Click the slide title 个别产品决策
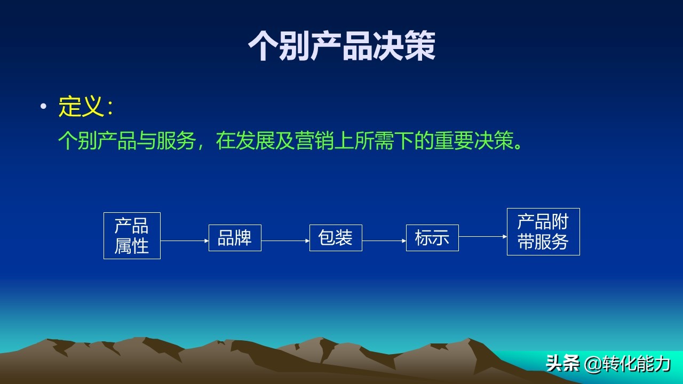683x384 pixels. pyautogui.click(x=341, y=46)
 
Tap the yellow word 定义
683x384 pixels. pyautogui.click(x=80, y=106)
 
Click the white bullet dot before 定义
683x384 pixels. pyautogui.click(x=44, y=106)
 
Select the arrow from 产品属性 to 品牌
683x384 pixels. pyautogui.click(x=185, y=241)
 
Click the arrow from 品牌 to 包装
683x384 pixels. pyautogui.click(x=285, y=241)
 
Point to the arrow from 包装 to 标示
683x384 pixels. pyautogui.click(x=384, y=241)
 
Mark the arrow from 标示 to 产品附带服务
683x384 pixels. pyautogui.click(x=483, y=236)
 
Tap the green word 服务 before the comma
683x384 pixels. pyautogui.click(x=176, y=141)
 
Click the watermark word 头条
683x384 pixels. pyautogui.click(x=562, y=364)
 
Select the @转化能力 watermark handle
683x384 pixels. pyautogui.click(x=627, y=364)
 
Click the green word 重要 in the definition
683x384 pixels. pyautogui.click(x=454, y=141)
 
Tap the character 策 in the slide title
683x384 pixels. pyautogui.click(x=420, y=46)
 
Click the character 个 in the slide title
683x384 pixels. pyautogui.click(x=263, y=46)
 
